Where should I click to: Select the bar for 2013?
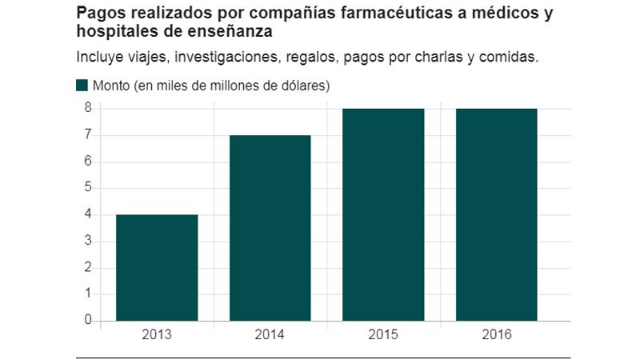[x=157, y=267]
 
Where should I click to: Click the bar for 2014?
[x=270, y=228]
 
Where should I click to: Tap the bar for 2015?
[x=383, y=214]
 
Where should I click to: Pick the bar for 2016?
[x=497, y=214]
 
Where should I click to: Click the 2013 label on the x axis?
[x=157, y=335]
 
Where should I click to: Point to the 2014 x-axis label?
[x=270, y=335]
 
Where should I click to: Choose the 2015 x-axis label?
[x=383, y=335]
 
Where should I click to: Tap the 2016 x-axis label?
[x=497, y=335]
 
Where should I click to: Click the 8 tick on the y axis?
[x=88, y=109]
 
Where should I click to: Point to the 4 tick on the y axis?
[x=88, y=214]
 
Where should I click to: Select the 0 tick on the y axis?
[x=88, y=320]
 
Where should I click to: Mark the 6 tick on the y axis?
[x=88, y=162]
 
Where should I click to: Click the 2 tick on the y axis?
[x=88, y=267]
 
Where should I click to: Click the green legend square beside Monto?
[x=82, y=86]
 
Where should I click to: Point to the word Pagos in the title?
[x=98, y=14]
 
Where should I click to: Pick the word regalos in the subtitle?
[x=316, y=58]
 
